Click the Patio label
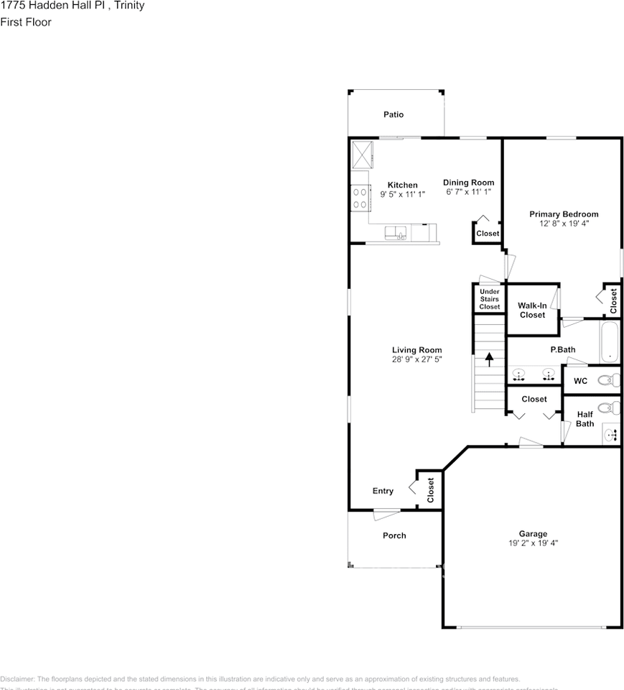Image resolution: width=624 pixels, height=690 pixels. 393,114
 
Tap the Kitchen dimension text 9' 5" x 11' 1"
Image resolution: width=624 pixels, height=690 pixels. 402,194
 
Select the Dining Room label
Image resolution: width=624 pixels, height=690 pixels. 468,183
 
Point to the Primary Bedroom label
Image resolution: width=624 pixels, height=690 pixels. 563,214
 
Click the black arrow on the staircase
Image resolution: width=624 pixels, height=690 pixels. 490,359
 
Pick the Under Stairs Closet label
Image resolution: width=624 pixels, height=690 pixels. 489,299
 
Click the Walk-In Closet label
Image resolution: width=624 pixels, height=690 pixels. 532,310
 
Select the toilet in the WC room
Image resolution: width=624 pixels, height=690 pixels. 607,380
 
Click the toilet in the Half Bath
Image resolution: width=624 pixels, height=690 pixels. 607,408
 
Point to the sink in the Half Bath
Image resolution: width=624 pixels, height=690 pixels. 610,433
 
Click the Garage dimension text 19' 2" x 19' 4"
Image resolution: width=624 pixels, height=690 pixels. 533,543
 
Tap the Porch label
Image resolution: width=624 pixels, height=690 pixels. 394,535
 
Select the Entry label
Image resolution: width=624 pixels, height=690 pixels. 383,491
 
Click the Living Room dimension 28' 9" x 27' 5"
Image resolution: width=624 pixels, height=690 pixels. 416,359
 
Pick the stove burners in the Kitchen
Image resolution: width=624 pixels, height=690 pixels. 360,198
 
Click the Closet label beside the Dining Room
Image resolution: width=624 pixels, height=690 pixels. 488,234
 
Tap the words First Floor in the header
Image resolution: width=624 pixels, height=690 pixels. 26,22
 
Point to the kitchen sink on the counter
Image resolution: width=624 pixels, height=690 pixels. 396,232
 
